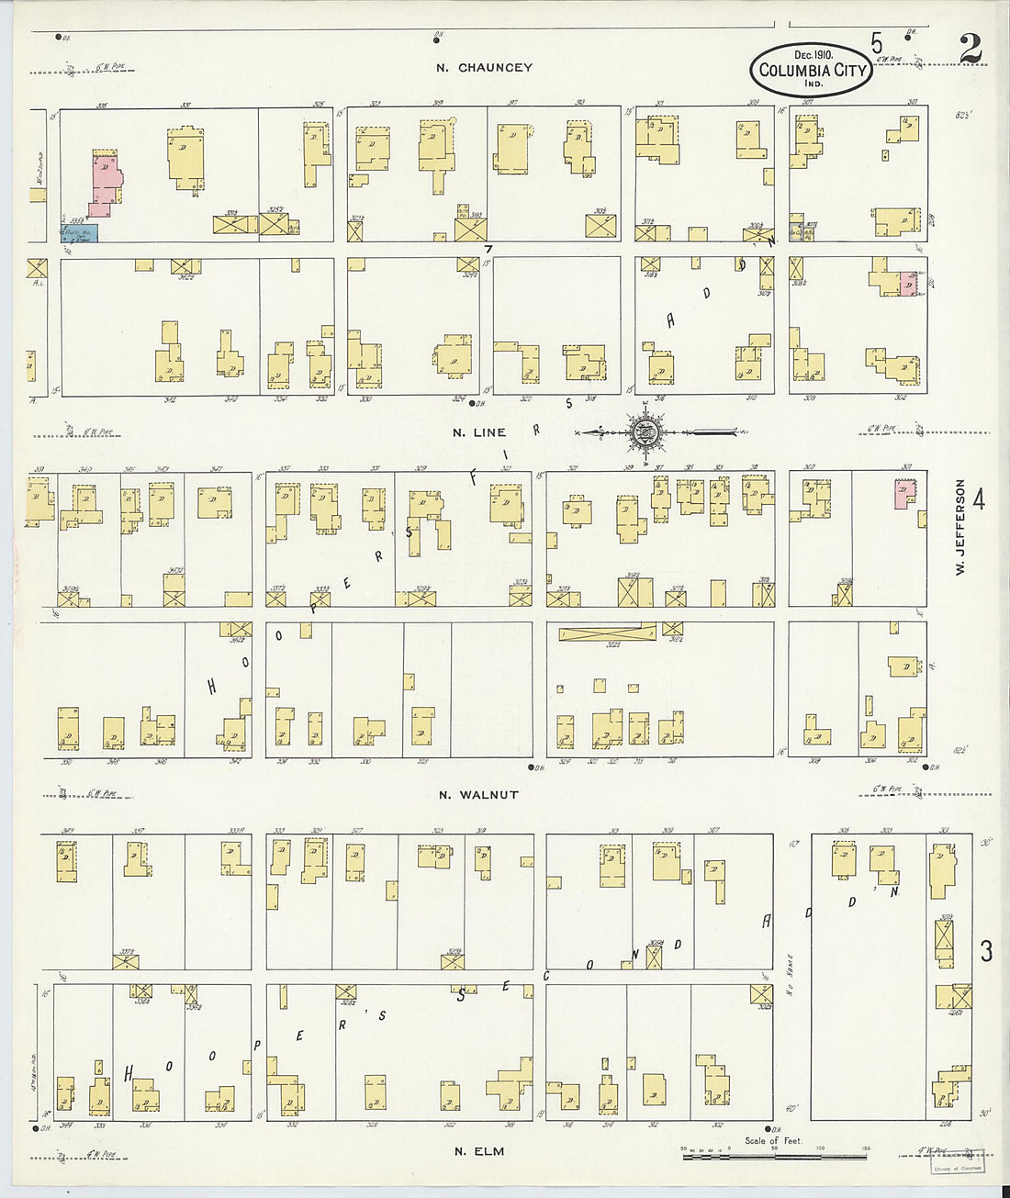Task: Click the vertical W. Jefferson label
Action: coord(959,528)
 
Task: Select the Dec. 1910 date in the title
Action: coord(808,54)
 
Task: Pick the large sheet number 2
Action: coord(970,50)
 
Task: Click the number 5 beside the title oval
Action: coord(878,44)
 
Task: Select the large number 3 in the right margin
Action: coord(985,951)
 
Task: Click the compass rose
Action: coord(648,431)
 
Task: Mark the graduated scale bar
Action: coord(777,1155)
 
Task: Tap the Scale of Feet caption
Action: coord(773,1141)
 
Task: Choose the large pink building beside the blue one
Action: coord(106,184)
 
